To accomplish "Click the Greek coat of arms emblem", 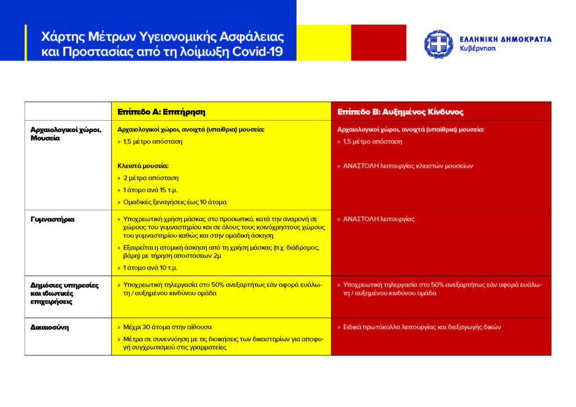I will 439,44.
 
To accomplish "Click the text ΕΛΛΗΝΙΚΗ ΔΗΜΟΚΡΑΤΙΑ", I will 505,39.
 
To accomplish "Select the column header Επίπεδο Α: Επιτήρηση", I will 161,112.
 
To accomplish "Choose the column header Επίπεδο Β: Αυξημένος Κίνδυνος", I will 400,112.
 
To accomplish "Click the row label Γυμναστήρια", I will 52,219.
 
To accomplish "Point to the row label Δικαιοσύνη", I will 49,327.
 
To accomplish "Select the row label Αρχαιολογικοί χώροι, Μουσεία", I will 65,134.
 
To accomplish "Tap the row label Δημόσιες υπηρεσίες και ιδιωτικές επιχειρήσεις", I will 64,293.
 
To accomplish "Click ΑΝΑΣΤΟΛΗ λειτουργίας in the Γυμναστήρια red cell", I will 379,219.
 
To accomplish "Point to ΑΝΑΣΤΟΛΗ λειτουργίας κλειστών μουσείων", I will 408,166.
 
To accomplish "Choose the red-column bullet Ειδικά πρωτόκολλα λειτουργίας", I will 422,327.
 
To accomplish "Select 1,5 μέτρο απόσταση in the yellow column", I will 152,142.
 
